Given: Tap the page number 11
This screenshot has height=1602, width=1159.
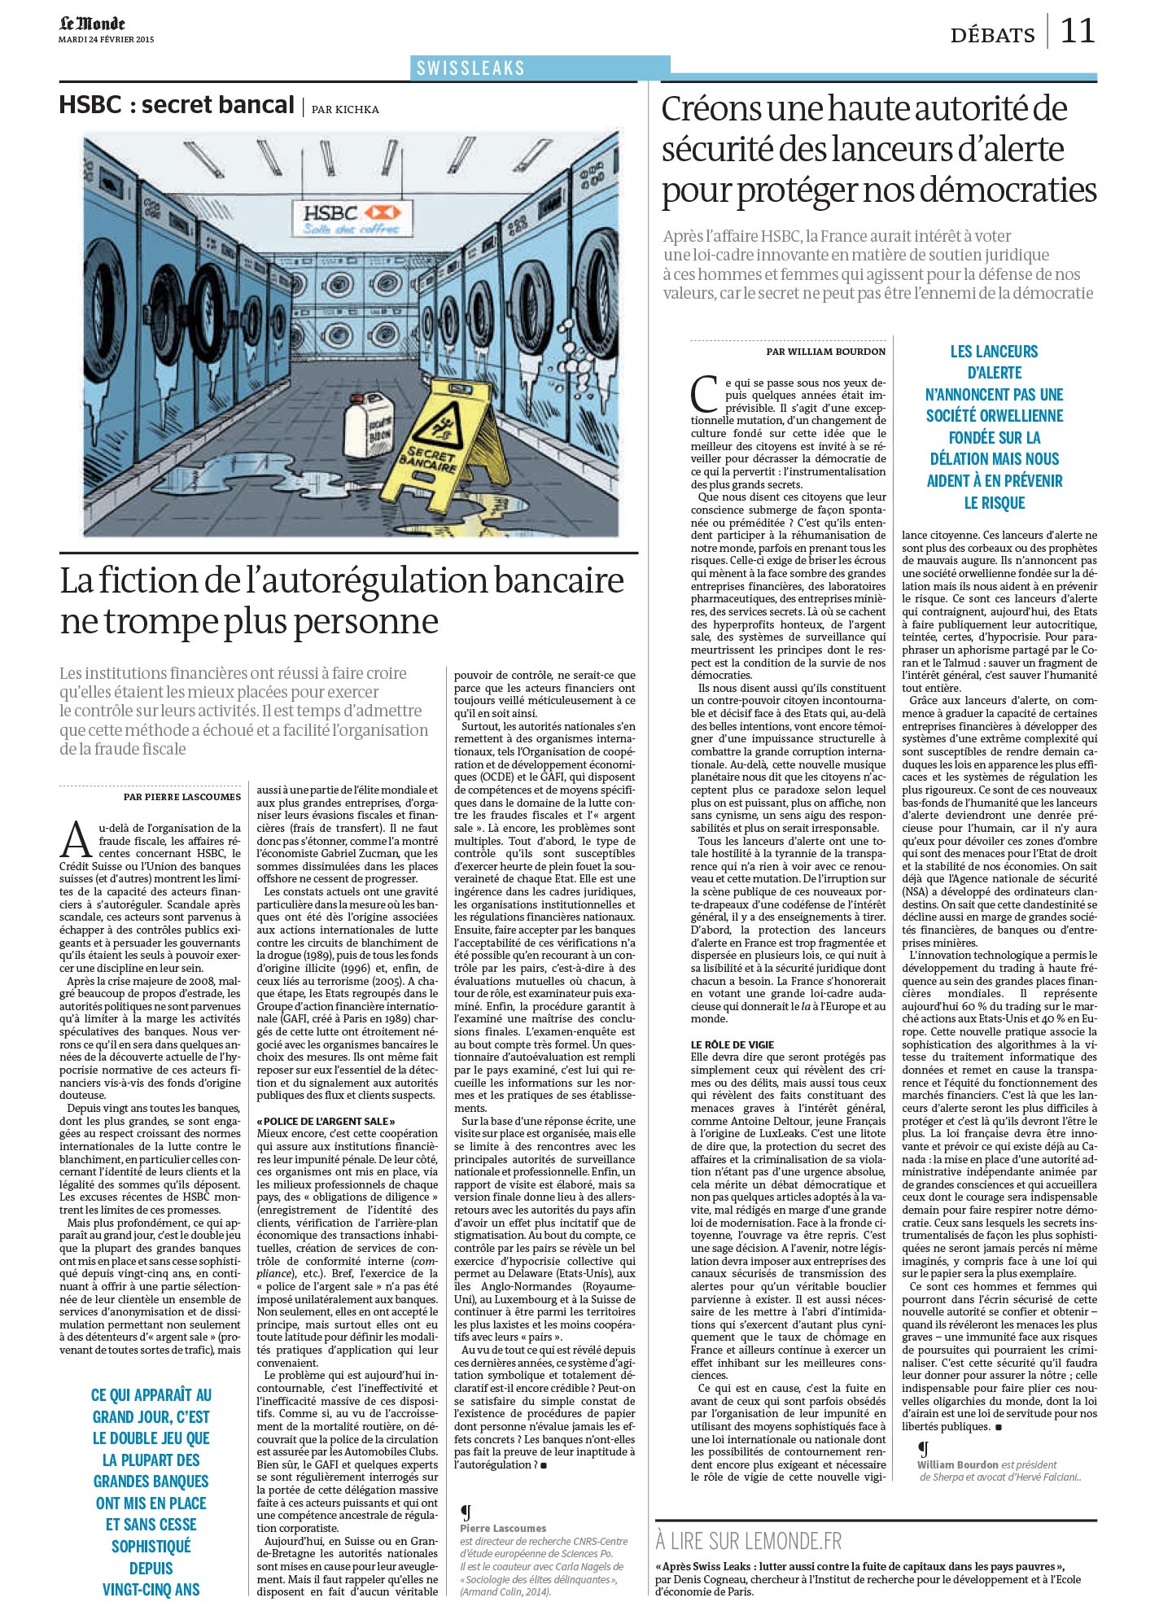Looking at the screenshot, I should [1078, 31].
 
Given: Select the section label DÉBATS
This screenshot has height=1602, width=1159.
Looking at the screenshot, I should [992, 35].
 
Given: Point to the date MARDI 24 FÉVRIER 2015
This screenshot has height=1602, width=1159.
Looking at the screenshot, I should [106, 39].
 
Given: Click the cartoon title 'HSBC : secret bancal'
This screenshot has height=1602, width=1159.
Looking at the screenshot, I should [177, 105].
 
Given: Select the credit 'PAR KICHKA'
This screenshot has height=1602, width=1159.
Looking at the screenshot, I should [345, 109].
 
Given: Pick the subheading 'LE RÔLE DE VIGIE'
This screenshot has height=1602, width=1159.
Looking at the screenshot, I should [732, 1044].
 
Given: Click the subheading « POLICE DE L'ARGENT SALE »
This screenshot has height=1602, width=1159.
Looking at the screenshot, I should [326, 1121].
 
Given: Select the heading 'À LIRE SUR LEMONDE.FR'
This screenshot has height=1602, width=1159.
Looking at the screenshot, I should [749, 1540].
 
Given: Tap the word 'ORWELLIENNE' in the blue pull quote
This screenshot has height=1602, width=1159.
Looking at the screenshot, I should [994, 415].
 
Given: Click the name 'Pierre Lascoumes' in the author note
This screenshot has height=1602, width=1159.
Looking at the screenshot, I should [503, 1529].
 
